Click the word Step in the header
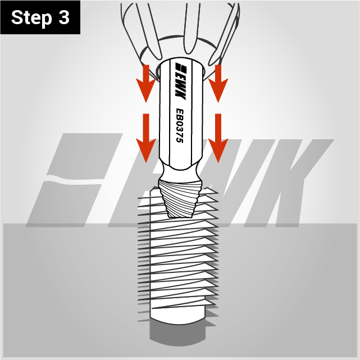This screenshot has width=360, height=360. tap(31, 18)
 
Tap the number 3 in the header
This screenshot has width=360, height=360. tap(63, 17)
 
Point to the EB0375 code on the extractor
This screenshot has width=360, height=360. tap(180, 126)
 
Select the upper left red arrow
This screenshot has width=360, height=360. tap(146, 83)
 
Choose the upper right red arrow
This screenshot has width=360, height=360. tap(218, 83)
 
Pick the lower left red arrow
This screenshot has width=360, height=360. tap(146, 138)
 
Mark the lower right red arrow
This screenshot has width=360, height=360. tap(218, 138)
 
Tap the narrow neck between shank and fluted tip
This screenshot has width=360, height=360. tap(180, 174)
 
